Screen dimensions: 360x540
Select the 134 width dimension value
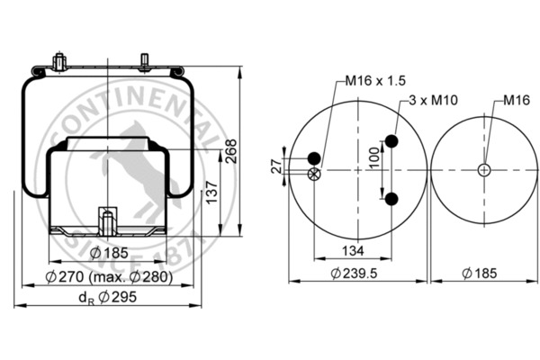pos(353,250)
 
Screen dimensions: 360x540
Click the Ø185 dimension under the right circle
pos(483,274)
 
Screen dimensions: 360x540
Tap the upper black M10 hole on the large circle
pos(391,141)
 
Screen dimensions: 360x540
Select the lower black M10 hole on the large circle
pos(391,197)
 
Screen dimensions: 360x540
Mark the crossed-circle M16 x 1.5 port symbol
pos(313,175)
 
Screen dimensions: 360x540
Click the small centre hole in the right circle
pos(484,169)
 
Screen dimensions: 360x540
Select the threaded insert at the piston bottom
pos(106,219)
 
